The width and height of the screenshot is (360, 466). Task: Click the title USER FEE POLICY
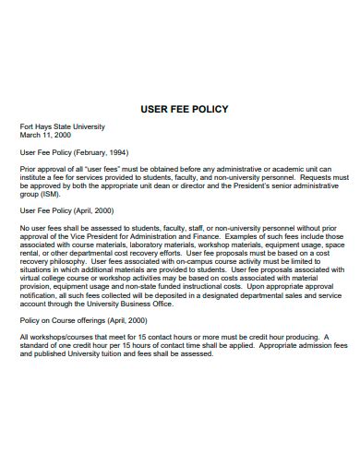point(183,109)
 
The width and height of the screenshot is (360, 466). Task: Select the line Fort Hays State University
point(63,126)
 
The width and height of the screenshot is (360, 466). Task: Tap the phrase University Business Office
point(135,328)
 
